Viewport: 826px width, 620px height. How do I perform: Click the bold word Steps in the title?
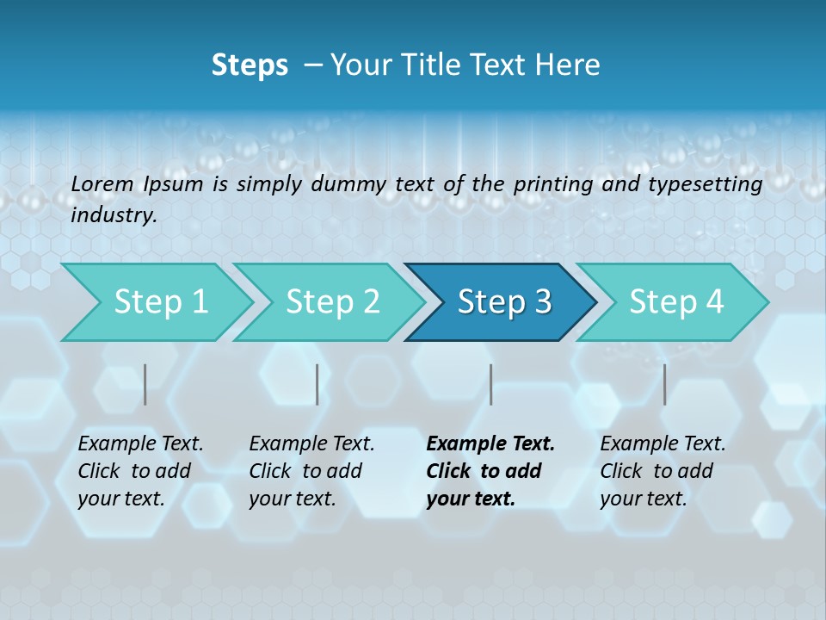tap(250, 65)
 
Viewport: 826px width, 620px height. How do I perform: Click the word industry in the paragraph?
tap(113, 215)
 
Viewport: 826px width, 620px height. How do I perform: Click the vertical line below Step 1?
tap(145, 384)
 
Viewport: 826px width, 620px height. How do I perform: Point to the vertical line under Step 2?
tap(317, 384)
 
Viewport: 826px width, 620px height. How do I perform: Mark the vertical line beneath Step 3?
tap(491, 384)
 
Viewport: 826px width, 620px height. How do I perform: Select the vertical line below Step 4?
tap(664, 384)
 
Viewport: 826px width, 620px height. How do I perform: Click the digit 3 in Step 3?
tap(541, 302)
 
